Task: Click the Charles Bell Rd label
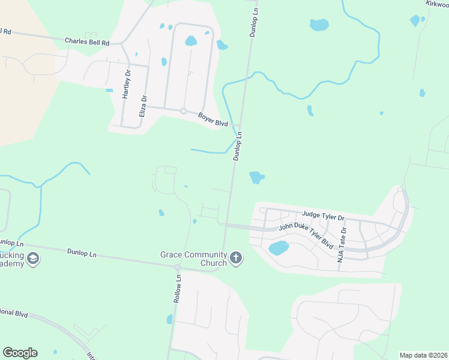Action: (x=88, y=43)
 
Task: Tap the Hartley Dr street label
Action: (x=127, y=85)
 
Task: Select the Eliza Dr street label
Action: (x=143, y=106)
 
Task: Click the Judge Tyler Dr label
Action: (x=324, y=215)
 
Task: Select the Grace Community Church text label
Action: (x=193, y=259)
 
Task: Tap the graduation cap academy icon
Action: (x=34, y=259)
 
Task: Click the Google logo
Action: (x=20, y=353)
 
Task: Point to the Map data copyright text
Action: (x=423, y=355)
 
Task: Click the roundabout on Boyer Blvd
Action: (x=183, y=111)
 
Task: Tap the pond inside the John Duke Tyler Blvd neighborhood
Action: (x=279, y=248)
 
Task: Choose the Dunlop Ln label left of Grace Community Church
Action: (x=82, y=253)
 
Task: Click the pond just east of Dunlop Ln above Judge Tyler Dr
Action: (x=256, y=178)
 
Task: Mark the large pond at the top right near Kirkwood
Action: (x=319, y=25)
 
